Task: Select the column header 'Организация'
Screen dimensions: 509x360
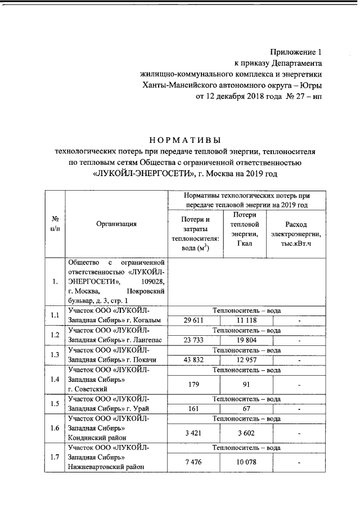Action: pyautogui.click(x=116, y=224)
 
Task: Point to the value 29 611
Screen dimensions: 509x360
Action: pyautogui.click(x=193, y=320)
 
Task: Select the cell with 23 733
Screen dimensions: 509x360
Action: pyautogui.click(x=193, y=340)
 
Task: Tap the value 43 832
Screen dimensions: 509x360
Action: pyautogui.click(x=193, y=361)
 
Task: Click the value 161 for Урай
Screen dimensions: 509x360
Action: pyautogui.click(x=193, y=409)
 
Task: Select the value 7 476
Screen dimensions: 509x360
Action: pyautogui.click(x=193, y=462)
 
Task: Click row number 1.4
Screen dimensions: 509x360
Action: pyautogui.click(x=55, y=379)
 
